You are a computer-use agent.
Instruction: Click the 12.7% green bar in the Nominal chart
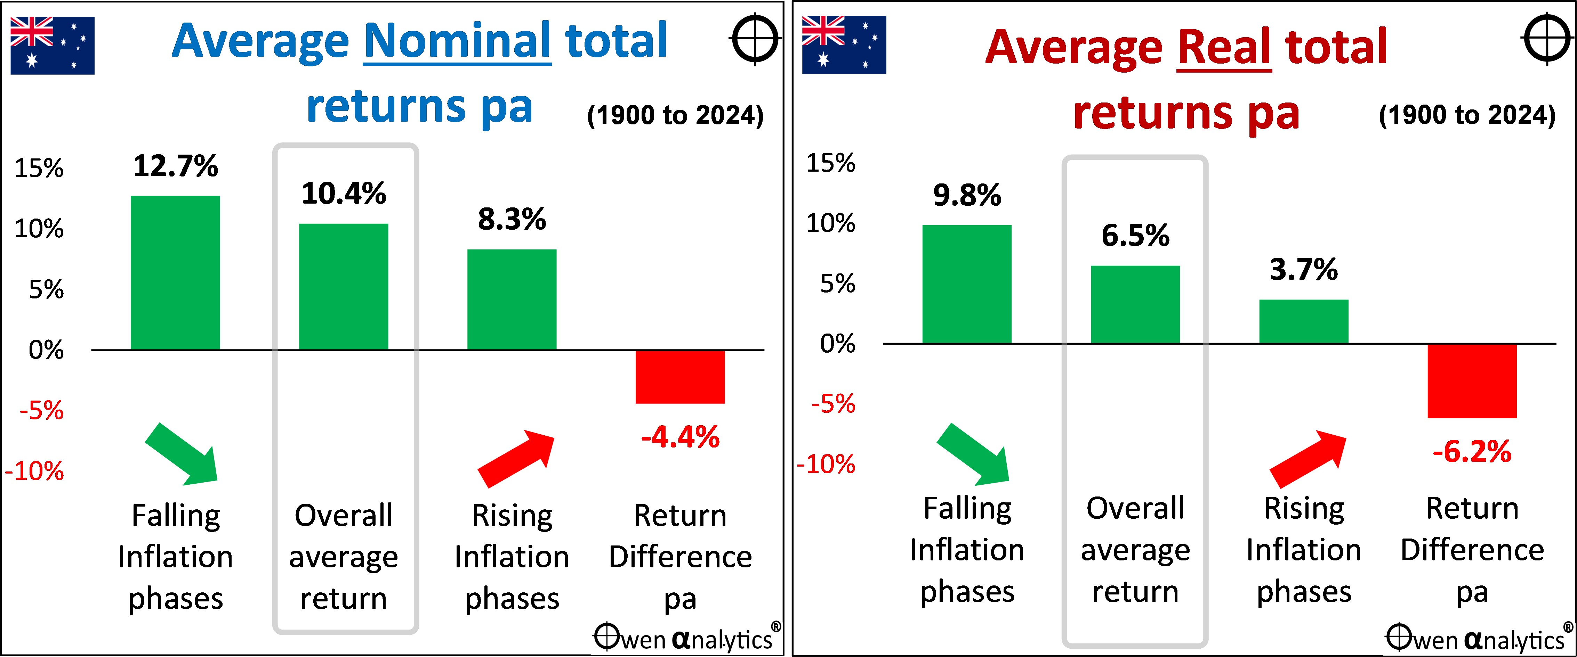175,273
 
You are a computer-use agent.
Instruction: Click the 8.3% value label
512,219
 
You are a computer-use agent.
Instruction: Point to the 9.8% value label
967,195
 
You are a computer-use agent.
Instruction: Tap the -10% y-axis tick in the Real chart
826,464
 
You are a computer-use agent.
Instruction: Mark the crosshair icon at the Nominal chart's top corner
755,39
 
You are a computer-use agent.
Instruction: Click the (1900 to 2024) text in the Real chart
1467,115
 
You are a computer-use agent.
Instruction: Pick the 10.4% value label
344,193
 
